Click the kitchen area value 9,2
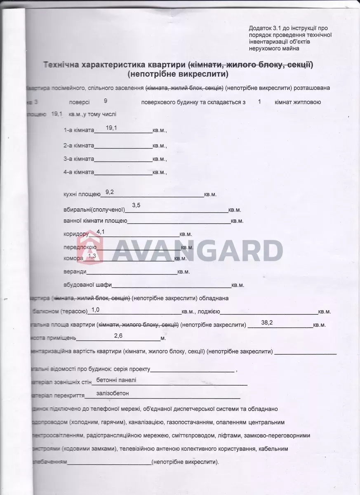coord(110,192)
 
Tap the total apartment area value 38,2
coord(267,323)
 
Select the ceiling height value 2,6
coord(118,336)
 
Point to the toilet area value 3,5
coord(136,205)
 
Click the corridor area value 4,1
coord(100,232)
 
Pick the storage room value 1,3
coord(92,257)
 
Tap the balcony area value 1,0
coord(96,309)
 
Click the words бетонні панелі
coord(116,380)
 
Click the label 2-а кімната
coord(79,146)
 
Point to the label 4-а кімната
coord(79,172)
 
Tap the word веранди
coord(75,272)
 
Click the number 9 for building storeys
coord(106,100)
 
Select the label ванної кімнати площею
coord(95,221)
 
